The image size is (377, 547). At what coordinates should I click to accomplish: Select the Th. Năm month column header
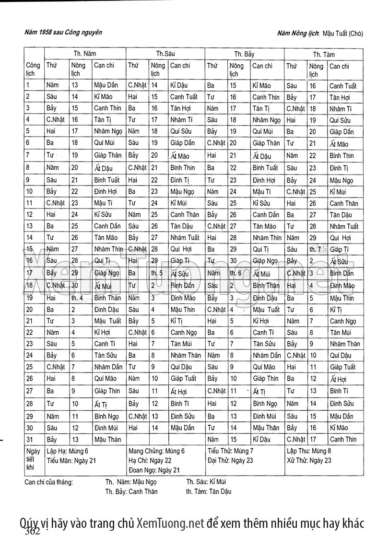pos(84,54)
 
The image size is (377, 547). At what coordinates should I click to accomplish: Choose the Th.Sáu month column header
pos(165,54)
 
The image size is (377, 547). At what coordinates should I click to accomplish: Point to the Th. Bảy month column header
pos(244,54)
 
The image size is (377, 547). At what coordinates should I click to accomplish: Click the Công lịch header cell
pos(33,70)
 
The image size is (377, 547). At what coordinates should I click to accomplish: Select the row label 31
pos(29,439)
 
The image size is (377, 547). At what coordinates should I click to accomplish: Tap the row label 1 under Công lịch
pos(28,86)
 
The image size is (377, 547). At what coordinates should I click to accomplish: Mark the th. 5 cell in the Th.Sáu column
pos(157,273)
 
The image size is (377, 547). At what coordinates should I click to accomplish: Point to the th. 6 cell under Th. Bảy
pos(236,273)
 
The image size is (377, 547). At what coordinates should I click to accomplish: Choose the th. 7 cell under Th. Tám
pos(316,249)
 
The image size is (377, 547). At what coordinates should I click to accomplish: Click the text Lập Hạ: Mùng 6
pos(68,451)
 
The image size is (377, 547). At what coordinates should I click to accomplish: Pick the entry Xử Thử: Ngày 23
pos(309,460)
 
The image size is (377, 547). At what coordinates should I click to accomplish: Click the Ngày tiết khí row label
pos(33,459)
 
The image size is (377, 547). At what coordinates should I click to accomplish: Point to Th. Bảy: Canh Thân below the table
pos(131,491)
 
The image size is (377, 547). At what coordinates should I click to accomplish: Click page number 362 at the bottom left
pos(32,531)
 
